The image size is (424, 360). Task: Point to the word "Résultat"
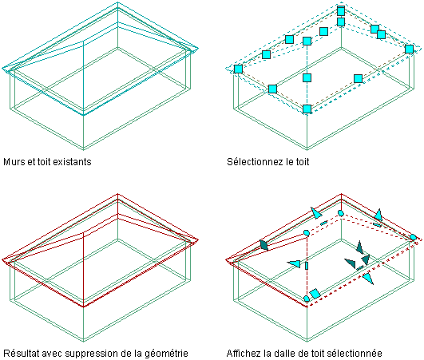22,354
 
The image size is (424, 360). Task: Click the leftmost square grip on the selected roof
238,69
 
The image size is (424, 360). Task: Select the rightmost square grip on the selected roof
409,49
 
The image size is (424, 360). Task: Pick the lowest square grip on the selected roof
307,109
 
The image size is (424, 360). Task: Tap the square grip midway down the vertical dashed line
307,78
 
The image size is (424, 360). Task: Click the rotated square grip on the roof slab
315,294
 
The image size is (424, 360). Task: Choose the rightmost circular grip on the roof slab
413,237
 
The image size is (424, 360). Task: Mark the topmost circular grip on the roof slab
341,213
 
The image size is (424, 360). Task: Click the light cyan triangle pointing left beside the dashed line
294,263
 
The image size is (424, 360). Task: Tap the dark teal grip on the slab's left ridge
264,245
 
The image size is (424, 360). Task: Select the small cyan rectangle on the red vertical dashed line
307,266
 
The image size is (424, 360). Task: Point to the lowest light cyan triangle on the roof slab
368,278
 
